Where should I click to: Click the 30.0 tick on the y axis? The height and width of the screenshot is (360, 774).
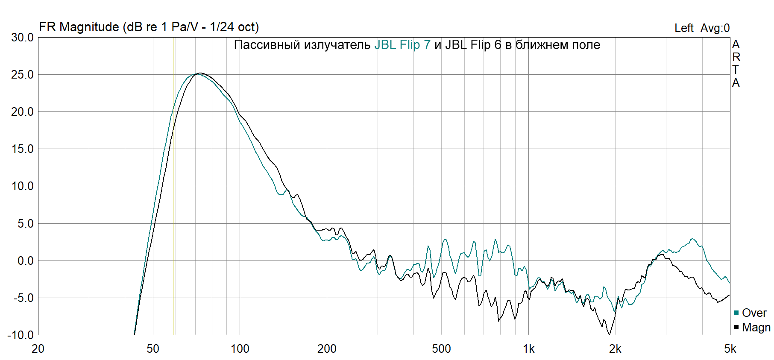pos(22,38)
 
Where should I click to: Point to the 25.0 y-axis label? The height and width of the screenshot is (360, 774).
pos(22,75)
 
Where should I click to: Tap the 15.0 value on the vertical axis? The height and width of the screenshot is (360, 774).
pos(22,149)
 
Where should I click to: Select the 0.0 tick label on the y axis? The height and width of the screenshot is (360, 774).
pos(25,261)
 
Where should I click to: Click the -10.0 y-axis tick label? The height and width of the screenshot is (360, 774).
pos(21,335)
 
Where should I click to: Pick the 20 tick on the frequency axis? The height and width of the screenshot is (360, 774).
pos(38,349)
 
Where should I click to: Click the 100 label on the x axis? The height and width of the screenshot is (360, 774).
pos(240,349)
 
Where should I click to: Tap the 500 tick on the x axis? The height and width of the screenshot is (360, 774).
pos(441,349)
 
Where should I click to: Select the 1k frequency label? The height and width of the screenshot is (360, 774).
pos(528,349)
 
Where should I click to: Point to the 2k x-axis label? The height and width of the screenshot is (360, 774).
pos(615,349)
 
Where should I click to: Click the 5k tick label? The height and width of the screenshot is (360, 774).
pos(730,349)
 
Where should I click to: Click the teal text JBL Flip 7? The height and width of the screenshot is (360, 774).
pos(402,45)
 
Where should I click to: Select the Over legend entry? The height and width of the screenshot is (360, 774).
pos(754,313)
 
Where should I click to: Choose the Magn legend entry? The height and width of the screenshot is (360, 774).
pos(756,328)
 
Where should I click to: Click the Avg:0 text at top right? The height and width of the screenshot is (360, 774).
pos(715,28)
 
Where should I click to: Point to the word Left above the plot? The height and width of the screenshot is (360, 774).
pos(684,28)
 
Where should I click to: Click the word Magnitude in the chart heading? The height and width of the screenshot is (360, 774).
pos(89,27)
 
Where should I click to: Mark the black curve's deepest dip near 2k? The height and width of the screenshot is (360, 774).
pos(609,334)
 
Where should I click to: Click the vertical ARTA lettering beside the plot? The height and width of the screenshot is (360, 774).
pos(736,63)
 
